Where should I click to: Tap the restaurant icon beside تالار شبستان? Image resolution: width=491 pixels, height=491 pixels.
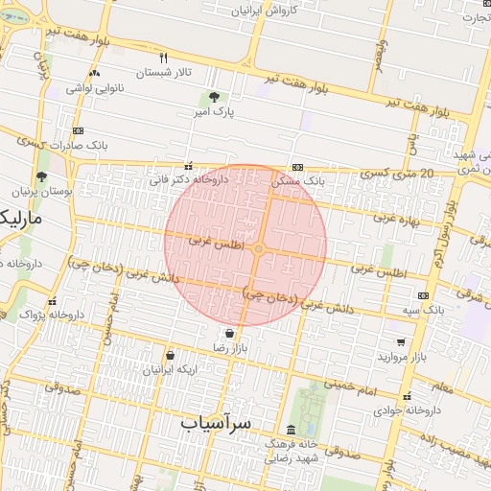click(x=164, y=58)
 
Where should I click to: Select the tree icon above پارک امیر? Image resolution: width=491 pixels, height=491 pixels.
click(x=213, y=96)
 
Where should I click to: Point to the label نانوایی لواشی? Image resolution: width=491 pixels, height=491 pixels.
click(x=93, y=88)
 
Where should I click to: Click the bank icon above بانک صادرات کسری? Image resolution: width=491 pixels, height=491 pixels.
click(x=78, y=131)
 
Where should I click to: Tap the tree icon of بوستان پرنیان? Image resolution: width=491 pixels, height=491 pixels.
click(x=41, y=176)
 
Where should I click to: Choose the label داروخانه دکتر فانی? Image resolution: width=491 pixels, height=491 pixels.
click(x=188, y=178)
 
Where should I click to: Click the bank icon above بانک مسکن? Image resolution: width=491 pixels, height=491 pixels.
click(x=298, y=165)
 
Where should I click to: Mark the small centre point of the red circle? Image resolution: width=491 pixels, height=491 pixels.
click(x=259, y=249)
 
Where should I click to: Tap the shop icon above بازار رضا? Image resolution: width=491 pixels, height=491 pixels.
click(x=228, y=332)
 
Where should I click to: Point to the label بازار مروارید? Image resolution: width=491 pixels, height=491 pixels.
click(x=401, y=357)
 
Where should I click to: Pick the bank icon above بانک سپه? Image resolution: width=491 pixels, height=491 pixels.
click(x=423, y=295)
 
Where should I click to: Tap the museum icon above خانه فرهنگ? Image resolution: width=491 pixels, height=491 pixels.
click(x=292, y=430)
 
